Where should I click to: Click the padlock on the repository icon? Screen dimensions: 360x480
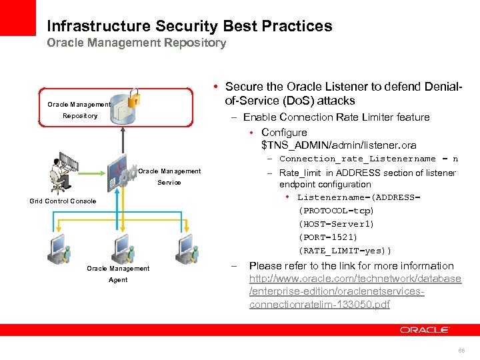coord(134,98)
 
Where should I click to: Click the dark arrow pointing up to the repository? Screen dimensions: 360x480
coord(123,141)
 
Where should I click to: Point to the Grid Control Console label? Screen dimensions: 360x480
coord(63,201)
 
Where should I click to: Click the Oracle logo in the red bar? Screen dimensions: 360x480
coord(425,330)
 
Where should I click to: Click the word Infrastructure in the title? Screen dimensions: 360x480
coord(98,27)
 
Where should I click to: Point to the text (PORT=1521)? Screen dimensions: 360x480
coord(328,237)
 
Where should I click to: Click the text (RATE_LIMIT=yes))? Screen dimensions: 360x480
coord(345,251)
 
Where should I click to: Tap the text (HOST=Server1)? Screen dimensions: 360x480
coord(337,224)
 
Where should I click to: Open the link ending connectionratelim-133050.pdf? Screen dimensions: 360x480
coord(319,305)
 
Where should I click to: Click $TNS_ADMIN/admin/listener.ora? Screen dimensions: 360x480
coord(339,145)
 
